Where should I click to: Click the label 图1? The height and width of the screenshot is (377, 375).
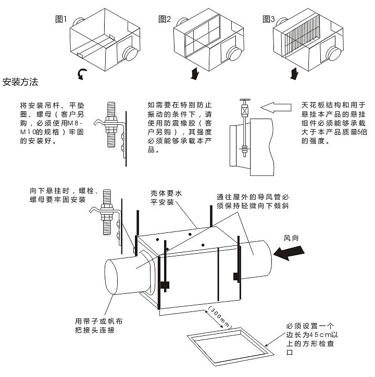(61, 19)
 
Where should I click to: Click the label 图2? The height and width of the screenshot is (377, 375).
(165, 19)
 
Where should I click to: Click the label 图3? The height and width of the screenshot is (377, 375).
(269, 19)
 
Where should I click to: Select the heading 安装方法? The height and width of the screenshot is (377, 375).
(20, 82)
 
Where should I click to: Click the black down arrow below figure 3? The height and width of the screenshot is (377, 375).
(295, 72)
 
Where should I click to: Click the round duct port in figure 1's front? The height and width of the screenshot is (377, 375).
(129, 54)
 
